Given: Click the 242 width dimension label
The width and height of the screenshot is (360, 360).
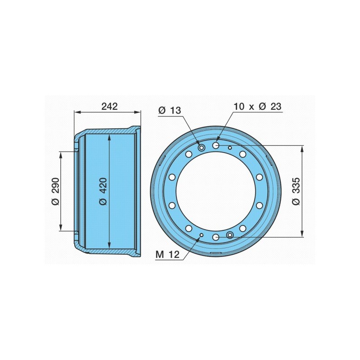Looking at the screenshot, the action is (109, 106).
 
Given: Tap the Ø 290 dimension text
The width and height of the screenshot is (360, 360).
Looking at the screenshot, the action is (55, 191).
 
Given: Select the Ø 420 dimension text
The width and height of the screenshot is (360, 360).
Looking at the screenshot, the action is (103, 191).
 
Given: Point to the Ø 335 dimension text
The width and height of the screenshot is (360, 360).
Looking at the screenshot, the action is (296, 191).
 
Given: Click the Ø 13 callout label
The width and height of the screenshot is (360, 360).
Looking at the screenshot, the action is (170, 110).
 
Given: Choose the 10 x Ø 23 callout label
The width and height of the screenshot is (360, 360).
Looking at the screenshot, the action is (257, 106).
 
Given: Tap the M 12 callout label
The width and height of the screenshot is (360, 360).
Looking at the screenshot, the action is (167, 254).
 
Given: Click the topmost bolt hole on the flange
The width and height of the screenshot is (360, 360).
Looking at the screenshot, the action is (216, 145).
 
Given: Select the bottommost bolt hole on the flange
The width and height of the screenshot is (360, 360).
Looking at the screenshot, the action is (216, 237).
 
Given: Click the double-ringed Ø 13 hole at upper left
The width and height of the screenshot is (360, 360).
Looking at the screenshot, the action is (202, 148).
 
